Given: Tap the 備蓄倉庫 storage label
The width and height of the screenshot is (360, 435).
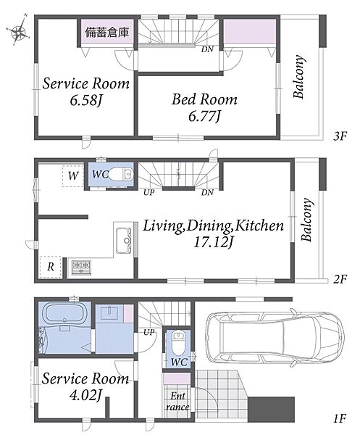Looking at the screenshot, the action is point(106,33).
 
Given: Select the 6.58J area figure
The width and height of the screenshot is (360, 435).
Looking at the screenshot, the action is point(86,100).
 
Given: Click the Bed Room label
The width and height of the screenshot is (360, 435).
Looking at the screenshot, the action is point(204,99).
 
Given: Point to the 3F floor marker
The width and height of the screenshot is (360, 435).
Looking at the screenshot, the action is point(340,136).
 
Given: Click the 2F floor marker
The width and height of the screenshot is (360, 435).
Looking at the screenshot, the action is point(340,279).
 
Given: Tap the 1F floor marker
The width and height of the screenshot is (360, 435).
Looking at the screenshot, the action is point(340,418).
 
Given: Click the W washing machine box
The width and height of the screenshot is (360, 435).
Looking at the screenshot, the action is point(73,176).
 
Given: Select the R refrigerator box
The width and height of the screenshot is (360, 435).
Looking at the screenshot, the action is point(51,267).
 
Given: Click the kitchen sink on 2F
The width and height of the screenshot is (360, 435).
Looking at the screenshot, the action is point(124,241).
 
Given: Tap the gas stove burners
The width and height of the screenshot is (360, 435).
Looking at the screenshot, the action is point(81,268).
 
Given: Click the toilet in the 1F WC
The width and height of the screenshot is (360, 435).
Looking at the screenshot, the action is point(177,343).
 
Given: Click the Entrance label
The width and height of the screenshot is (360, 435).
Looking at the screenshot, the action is point(177,402).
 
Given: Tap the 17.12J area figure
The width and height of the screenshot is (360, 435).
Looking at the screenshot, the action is point(213,242).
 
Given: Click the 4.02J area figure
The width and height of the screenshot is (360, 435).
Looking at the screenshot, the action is point(85,395).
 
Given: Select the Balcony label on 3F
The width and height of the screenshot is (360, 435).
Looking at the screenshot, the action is point(298,77).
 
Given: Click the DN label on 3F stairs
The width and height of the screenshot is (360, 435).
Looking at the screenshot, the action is point(207,49).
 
